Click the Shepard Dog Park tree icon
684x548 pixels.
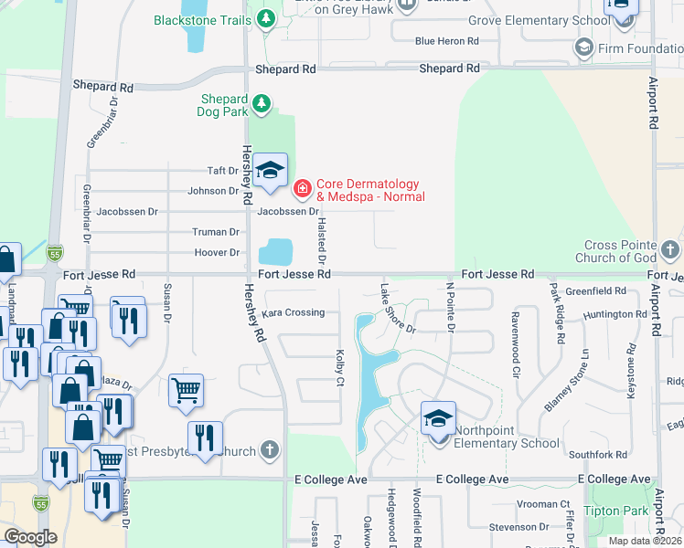coord(262,104)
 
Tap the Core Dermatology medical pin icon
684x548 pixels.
coord(302,189)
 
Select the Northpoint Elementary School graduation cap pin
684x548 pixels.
coord(438,419)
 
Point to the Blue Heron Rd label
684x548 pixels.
coord(446,41)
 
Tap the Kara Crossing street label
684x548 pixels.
coord(293,312)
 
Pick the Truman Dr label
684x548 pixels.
coord(215,232)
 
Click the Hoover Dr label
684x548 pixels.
coord(216,252)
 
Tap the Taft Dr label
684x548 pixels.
coord(222,171)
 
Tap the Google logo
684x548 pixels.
coord(30,537)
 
